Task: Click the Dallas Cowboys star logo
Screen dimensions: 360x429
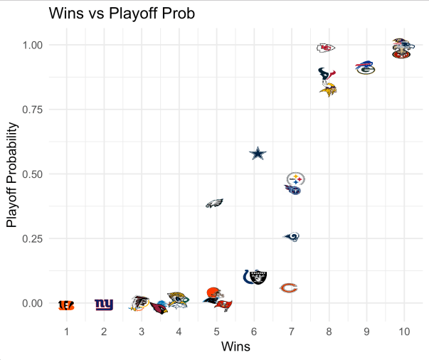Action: pos(258,154)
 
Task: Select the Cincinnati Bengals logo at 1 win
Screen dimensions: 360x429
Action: pos(66,305)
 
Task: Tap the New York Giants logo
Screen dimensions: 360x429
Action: pos(104,305)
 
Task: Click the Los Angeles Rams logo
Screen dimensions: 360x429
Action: pos(292,236)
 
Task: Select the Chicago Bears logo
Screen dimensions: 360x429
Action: pos(288,288)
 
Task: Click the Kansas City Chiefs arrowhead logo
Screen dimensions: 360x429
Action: pos(326,48)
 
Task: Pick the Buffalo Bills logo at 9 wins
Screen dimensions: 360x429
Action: pos(366,65)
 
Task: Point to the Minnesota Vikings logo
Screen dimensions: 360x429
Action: pos(328,89)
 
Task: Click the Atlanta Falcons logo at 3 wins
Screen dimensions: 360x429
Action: pos(139,303)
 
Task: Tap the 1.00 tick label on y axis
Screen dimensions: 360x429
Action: pos(31,45)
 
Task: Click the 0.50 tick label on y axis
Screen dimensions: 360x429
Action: pos(31,174)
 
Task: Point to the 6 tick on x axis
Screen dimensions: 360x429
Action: pos(254,332)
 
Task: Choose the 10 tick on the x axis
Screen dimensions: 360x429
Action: pos(404,332)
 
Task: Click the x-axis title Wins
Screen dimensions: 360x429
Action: pos(235,346)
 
